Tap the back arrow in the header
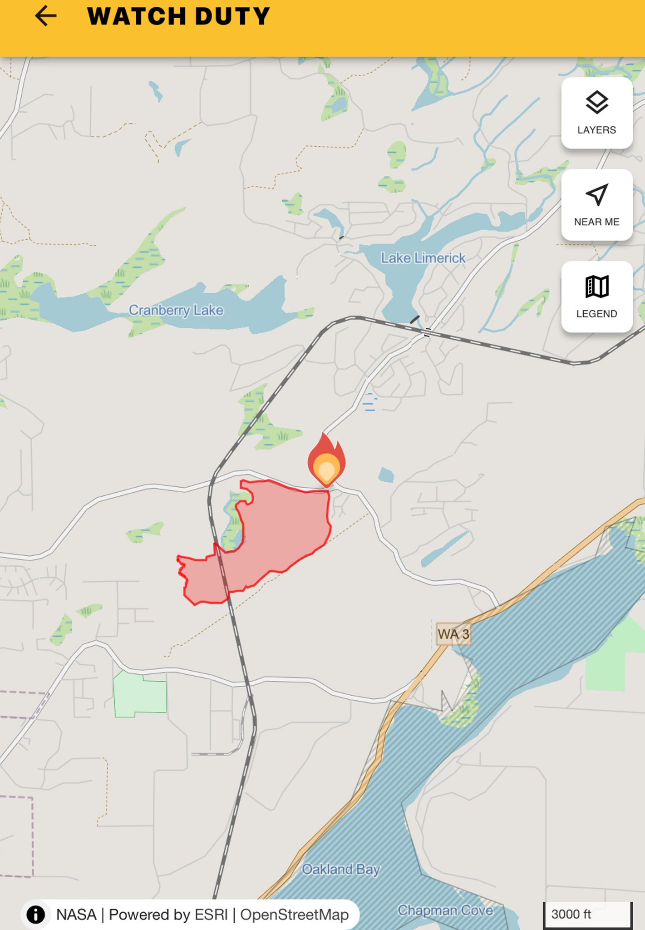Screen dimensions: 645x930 46,16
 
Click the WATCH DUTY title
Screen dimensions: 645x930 178,16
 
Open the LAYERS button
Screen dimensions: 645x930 596,113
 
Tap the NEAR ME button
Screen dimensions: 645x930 596,205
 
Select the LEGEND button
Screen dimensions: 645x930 596,297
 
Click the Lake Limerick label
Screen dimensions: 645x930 423,258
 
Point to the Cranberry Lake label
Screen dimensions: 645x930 176,310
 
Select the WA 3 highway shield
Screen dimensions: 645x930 453,634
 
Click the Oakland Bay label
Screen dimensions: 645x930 341,869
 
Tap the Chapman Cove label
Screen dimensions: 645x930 445,910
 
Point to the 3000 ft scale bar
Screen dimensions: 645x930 587,914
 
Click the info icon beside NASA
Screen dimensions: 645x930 36,915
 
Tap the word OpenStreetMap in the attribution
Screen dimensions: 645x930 294,915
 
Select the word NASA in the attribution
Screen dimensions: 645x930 76,915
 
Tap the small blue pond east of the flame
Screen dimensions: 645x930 386,475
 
